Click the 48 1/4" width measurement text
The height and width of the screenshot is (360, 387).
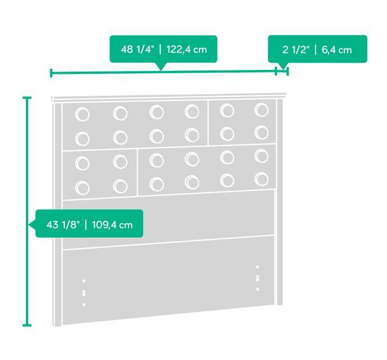tap(137, 50)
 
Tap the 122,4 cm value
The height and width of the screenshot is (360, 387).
tap(186, 50)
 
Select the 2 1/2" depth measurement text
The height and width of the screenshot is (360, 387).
tap(296, 50)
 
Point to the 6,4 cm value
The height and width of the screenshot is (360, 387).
tap(337, 50)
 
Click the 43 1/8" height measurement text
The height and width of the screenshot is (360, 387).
tap(63, 225)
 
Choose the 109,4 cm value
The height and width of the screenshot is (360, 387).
tap(112, 225)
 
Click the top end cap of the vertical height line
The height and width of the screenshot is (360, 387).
tap(27, 98)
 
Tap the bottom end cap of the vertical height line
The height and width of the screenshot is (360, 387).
tap(27, 325)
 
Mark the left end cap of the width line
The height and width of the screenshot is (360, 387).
tap(51, 73)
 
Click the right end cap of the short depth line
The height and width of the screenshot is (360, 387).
tap(287, 71)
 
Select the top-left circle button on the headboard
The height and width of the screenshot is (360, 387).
tap(82, 114)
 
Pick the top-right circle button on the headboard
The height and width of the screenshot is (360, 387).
tap(261, 110)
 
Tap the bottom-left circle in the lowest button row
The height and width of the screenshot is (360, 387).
tap(82, 188)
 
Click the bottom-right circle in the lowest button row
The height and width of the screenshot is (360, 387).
tap(261, 179)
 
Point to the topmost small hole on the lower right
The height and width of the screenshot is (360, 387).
tap(257, 267)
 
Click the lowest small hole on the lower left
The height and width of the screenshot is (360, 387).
tap(84, 305)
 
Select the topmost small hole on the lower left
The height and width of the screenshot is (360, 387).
tap(84, 281)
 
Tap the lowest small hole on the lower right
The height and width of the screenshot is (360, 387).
tap(257, 289)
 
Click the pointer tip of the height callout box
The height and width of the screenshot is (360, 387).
tap(29, 225)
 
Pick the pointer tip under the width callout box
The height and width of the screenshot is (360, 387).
tap(161, 70)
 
